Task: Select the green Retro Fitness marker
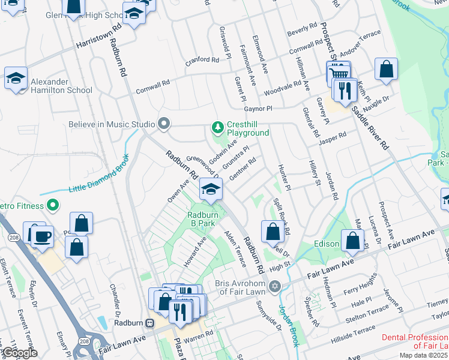coord(53,206)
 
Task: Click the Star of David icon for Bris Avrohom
coord(276,285)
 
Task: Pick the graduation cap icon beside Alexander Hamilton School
coord(16,78)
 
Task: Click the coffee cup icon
coord(43,236)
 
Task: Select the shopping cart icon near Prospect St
coord(339,72)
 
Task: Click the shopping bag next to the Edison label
coord(353,241)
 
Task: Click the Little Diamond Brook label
coord(99,179)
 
